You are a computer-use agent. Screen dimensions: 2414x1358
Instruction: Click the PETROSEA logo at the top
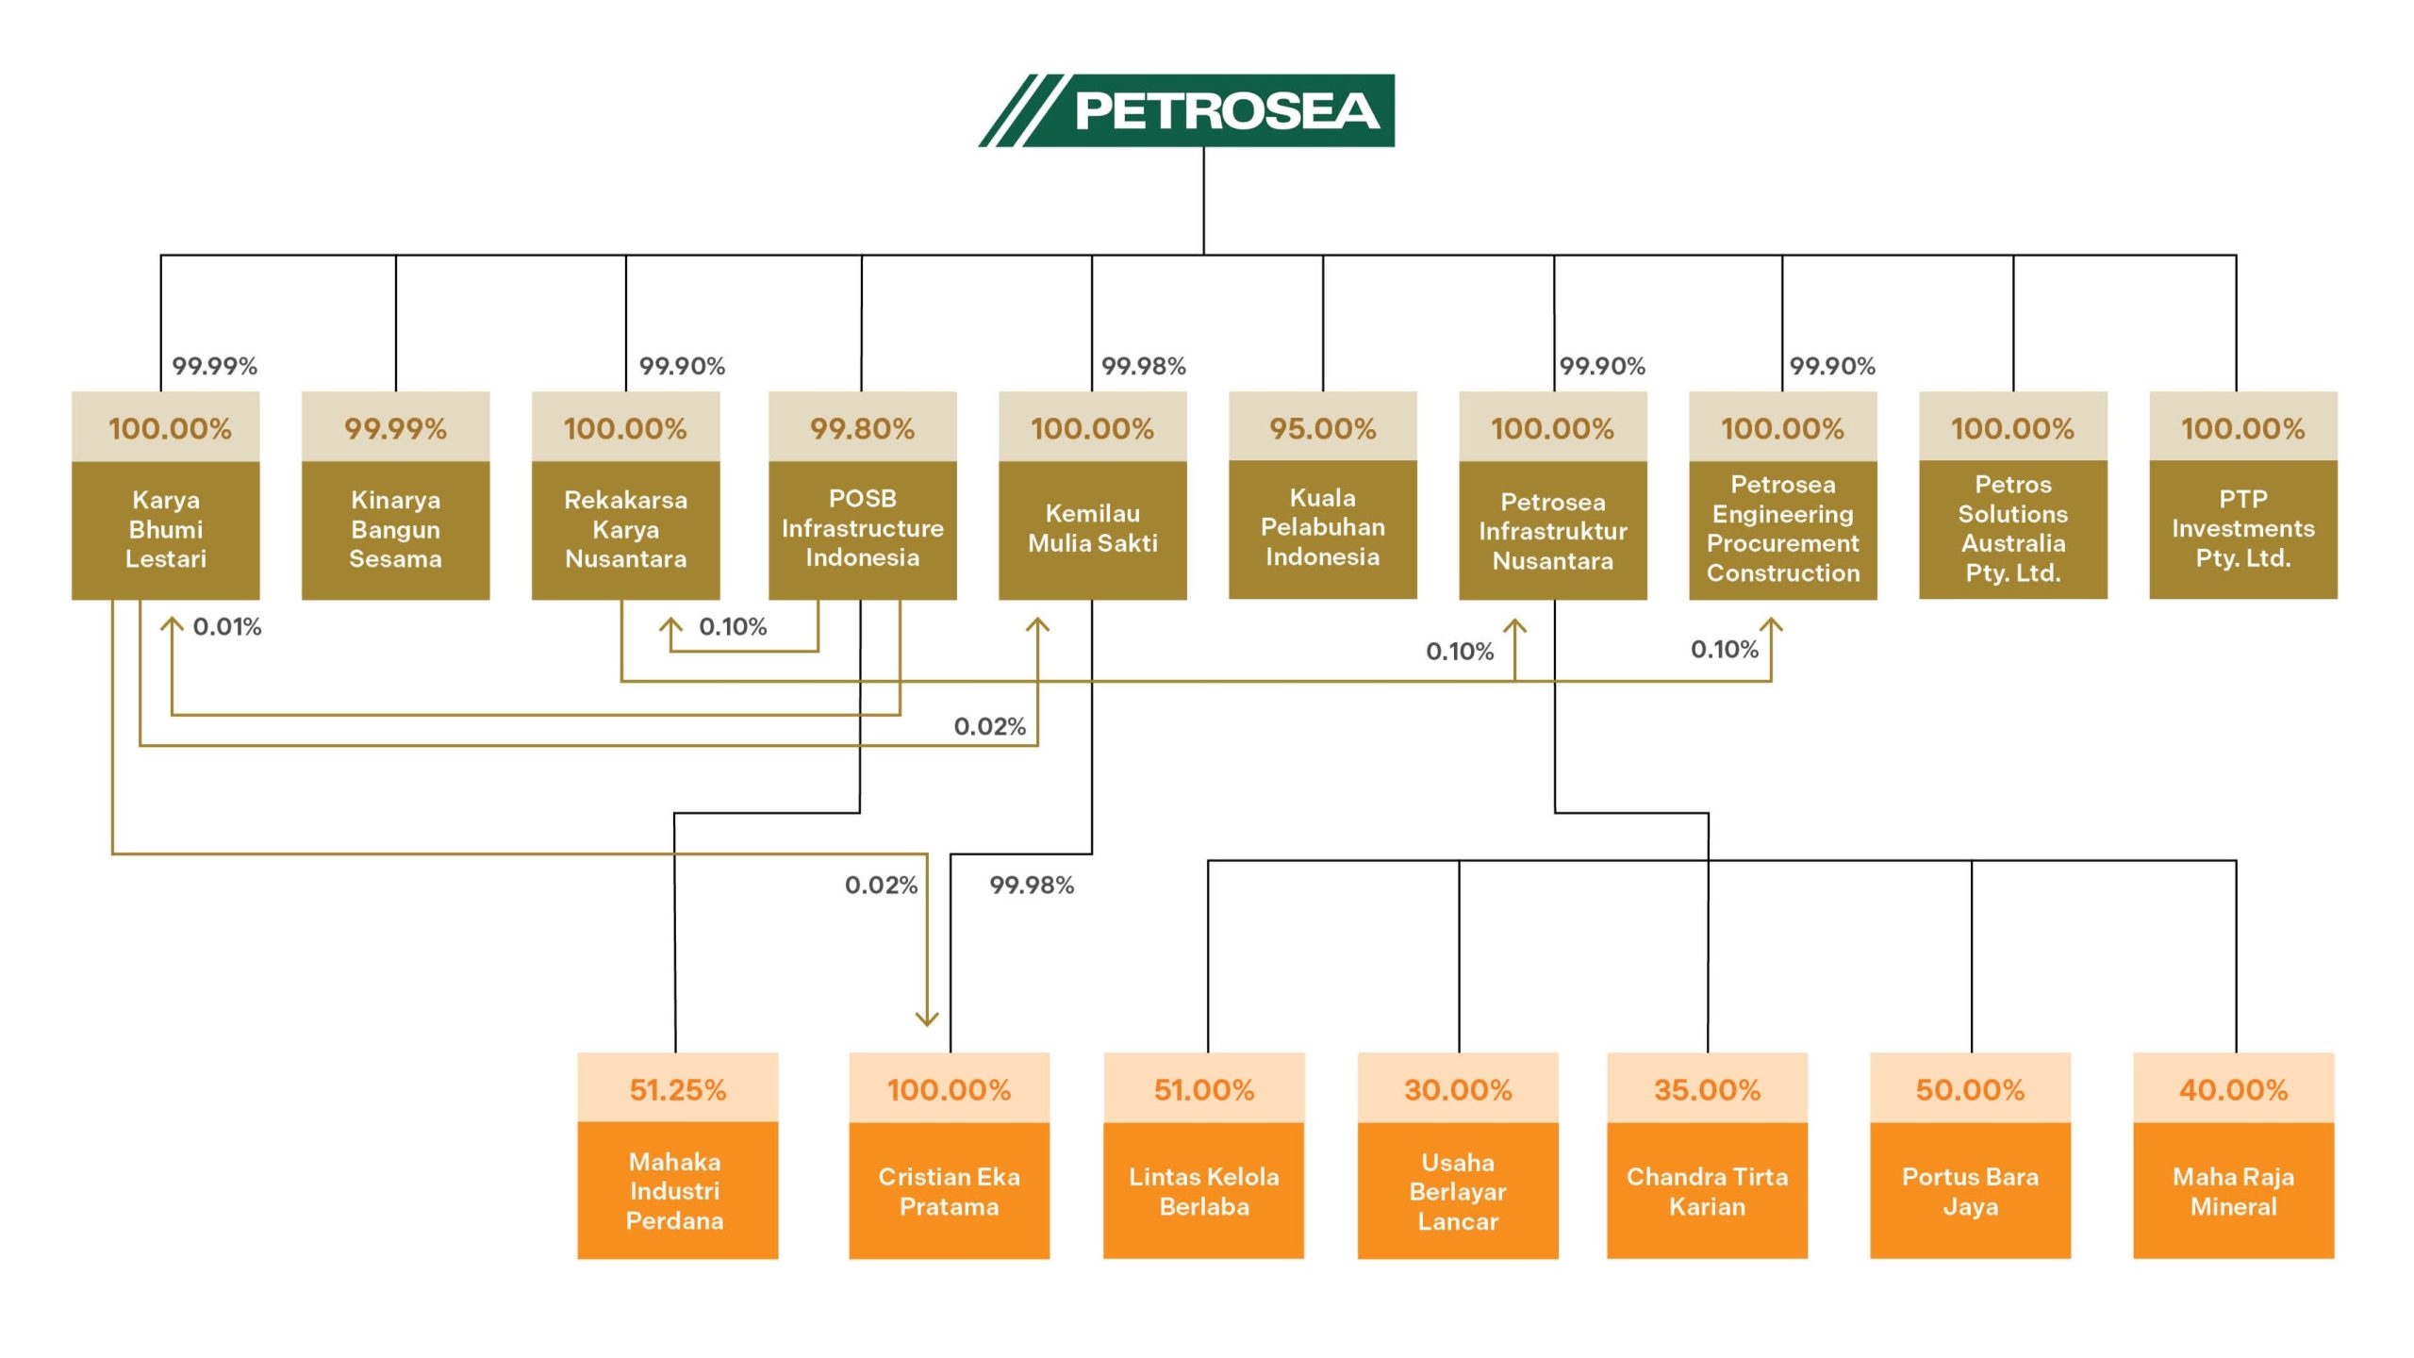[x=1186, y=110]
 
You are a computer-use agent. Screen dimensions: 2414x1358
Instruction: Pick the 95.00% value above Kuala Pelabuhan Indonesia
[x=1322, y=428]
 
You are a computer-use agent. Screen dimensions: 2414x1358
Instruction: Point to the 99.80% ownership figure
[x=862, y=428]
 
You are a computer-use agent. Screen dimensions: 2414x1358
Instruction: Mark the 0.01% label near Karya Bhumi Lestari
[x=226, y=627]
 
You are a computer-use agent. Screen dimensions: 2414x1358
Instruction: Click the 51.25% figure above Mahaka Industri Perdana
[x=677, y=1090]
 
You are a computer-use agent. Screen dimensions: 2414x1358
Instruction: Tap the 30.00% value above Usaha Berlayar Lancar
[x=1458, y=1090]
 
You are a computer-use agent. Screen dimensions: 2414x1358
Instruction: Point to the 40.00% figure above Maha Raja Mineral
[x=2233, y=1090]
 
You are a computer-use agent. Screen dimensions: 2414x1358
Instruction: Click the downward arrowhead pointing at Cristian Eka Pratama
[x=927, y=1018]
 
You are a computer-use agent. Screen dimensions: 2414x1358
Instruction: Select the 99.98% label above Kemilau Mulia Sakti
[x=1143, y=366]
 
